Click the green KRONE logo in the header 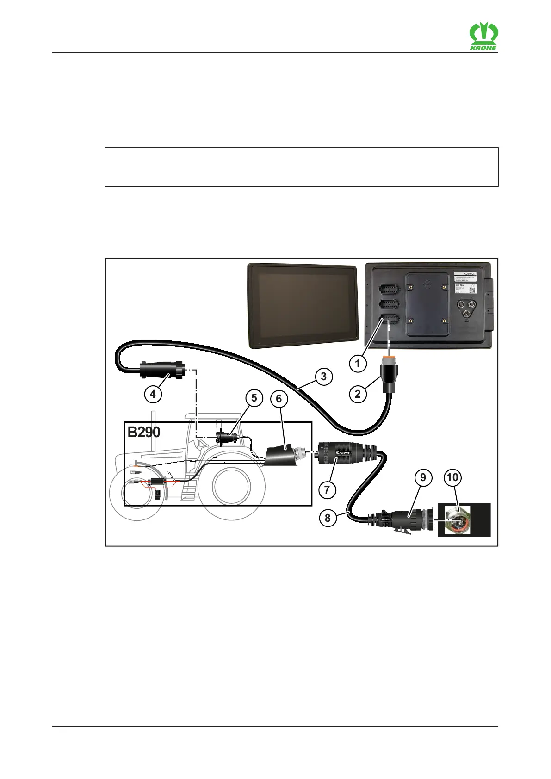(483, 37)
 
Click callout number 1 (357, 363)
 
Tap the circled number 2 (357, 394)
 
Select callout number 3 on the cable (323, 377)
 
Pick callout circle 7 (327, 489)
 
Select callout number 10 (452, 477)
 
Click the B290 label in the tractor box (144, 432)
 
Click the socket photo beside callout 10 (464, 519)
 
